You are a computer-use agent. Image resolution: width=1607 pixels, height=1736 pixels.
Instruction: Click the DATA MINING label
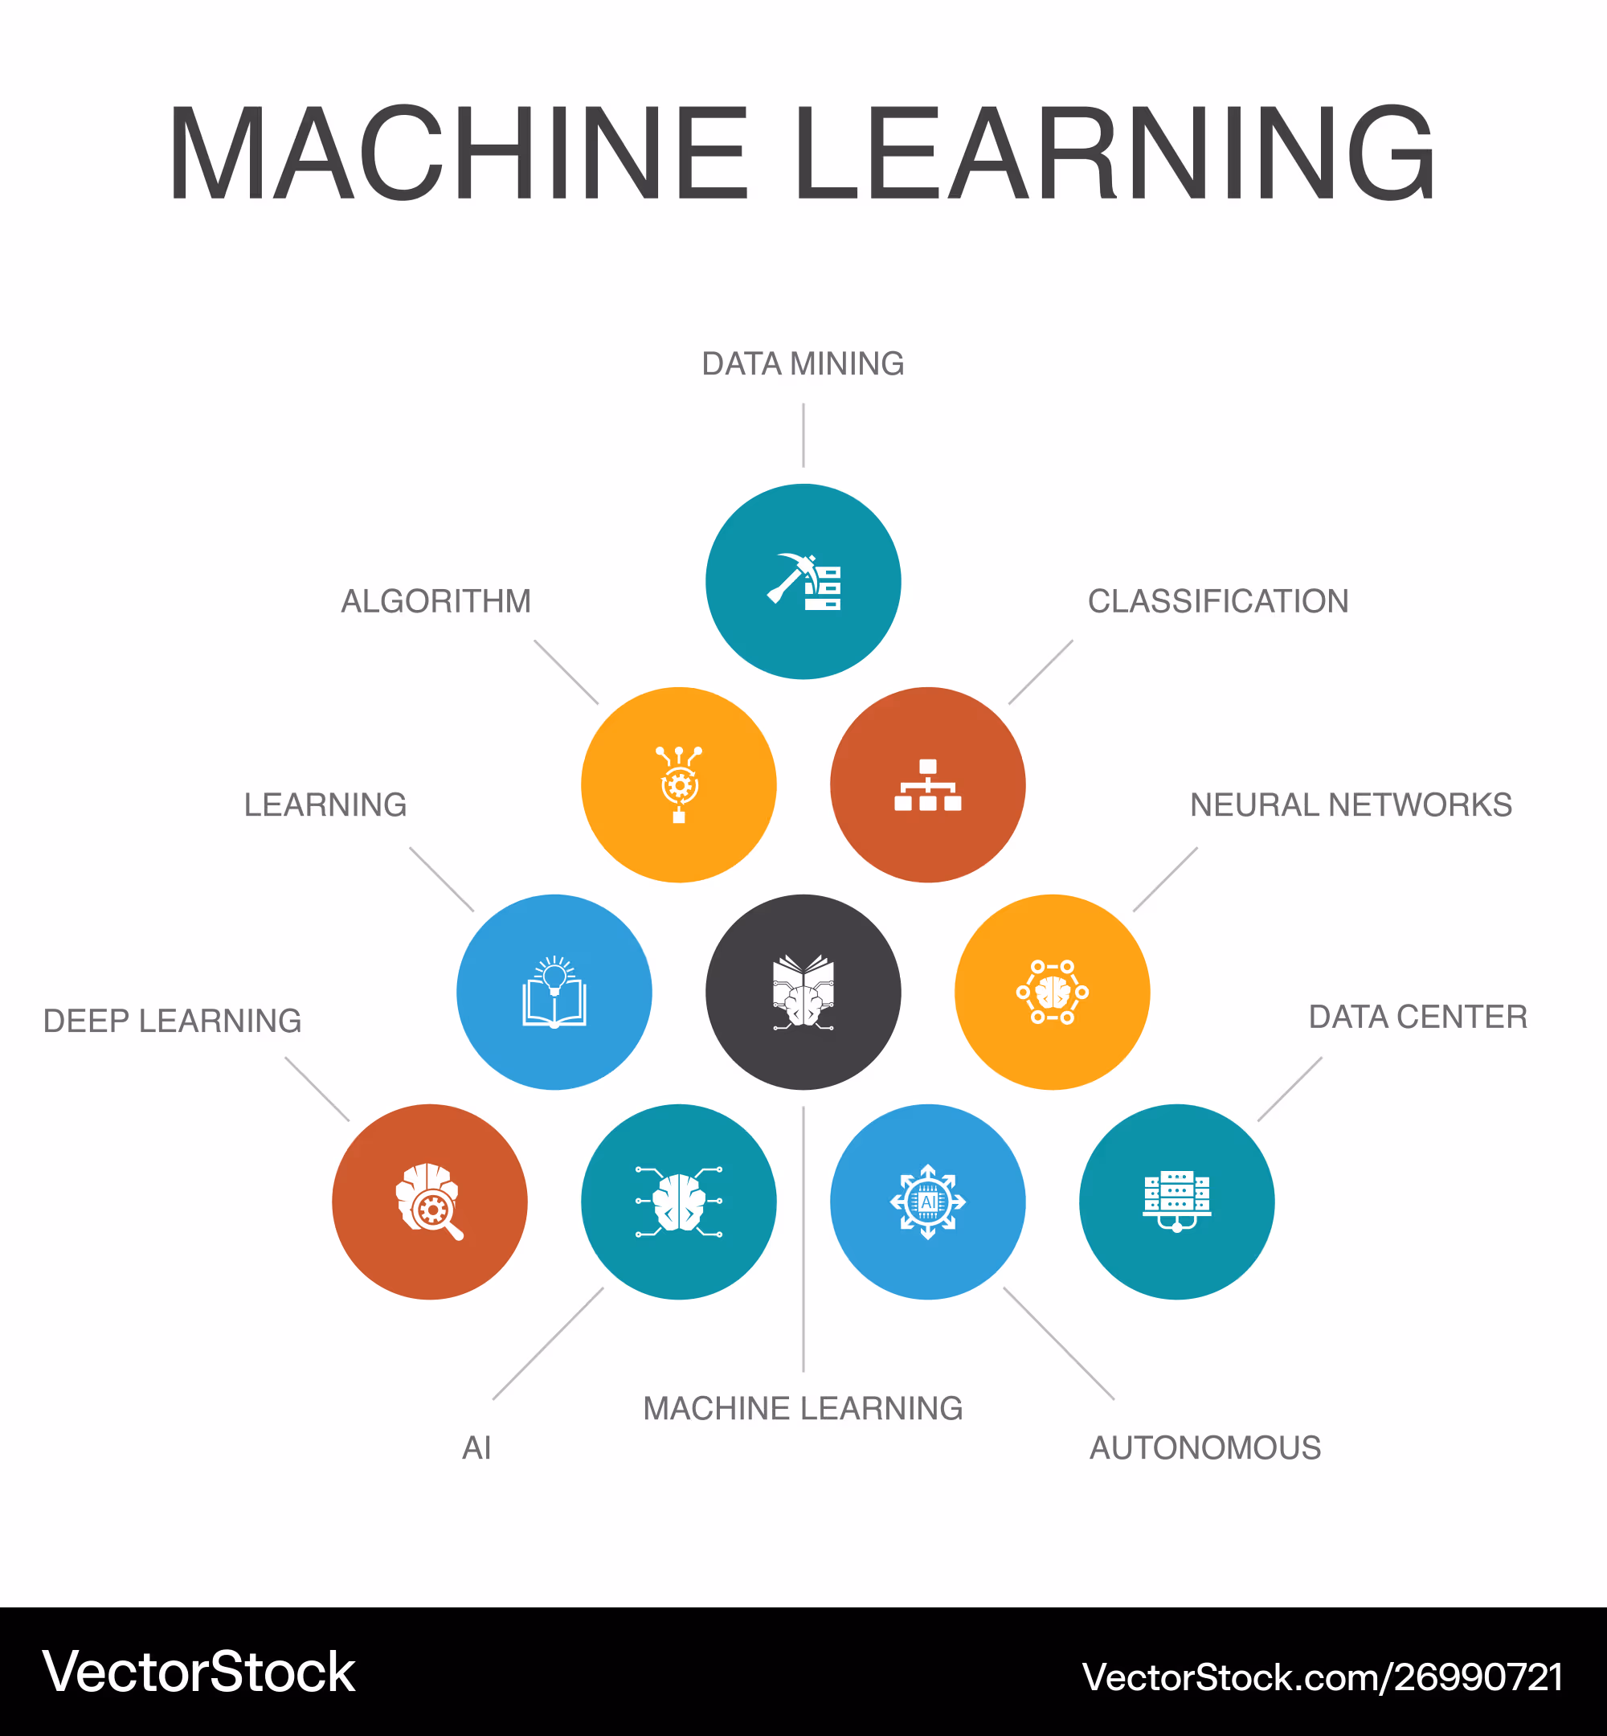[x=803, y=363]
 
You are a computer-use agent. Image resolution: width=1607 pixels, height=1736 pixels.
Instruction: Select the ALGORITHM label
[x=435, y=601]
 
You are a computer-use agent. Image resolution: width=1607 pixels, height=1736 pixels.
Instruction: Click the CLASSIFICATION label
[x=1217, y=601]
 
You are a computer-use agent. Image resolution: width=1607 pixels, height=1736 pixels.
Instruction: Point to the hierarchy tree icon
[x=928, y=784]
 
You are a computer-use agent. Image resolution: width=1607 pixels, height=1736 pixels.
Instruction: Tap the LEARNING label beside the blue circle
[x=325, y=805]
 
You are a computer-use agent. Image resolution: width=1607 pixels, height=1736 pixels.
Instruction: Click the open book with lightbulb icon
[x=554, y=992]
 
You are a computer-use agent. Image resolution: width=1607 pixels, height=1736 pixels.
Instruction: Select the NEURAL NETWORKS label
[x=1351, y=805]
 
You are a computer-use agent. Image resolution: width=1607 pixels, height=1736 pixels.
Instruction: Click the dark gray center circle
[x=803, y=992]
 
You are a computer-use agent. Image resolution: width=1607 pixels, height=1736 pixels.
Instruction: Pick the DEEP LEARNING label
[x=172, y=1020]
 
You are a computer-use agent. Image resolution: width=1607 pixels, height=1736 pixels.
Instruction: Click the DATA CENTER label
[x=1417, y=1016]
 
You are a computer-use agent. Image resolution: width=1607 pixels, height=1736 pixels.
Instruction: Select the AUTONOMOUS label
[x=1205, y=1447]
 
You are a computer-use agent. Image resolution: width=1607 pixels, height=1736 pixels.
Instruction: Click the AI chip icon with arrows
[x=928, y=1201]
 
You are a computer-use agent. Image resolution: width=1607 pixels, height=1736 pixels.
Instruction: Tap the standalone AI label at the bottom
[x=476, y=1447]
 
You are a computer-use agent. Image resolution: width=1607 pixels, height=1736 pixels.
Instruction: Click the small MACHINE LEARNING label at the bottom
[x=803, y=1408]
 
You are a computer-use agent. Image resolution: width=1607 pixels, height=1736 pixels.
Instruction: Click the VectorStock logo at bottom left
[x=199, y=1671]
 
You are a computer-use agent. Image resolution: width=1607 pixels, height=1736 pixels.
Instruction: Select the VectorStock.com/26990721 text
[x=1322, y=1676]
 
